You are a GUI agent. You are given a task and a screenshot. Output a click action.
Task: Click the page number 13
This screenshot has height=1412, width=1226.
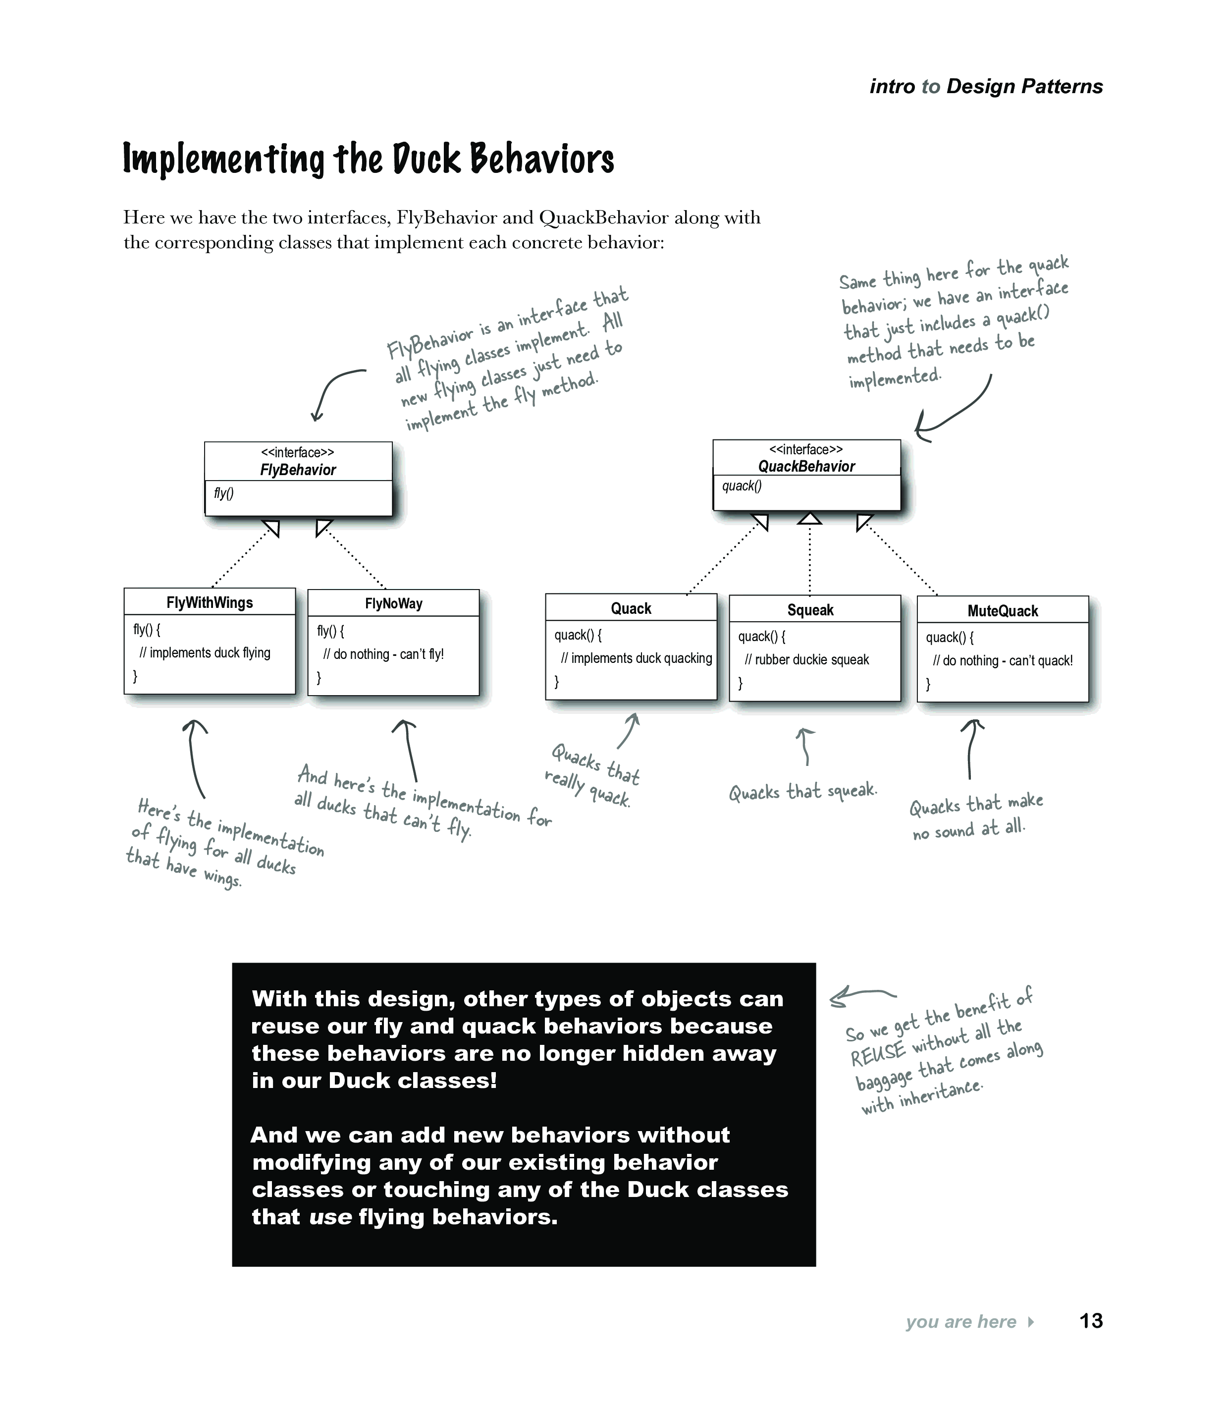click(1091, 1320)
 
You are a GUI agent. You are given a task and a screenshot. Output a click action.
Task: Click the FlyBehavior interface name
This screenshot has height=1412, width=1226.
click(298, 470)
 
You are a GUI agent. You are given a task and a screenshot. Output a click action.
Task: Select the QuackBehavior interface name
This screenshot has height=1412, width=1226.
click(806, 467)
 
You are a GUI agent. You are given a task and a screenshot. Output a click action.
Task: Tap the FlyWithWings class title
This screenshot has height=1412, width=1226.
click(210, 602)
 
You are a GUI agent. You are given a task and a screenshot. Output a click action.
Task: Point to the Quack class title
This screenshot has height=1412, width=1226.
click(631, 609)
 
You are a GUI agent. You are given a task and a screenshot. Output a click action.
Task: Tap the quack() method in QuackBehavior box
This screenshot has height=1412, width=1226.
click(742, 486)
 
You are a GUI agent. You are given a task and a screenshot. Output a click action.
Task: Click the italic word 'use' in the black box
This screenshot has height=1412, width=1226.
click(330, 1217)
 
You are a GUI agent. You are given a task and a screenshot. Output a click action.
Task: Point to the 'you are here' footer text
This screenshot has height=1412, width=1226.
click(960, 1322)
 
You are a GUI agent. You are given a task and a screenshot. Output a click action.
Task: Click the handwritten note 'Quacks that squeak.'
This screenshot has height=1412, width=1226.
click(802, 792)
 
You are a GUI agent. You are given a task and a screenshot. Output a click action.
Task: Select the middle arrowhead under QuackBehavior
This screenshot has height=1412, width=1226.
click(809, 519)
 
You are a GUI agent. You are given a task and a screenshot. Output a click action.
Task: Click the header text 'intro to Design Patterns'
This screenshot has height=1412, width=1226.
click(986, 87)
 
